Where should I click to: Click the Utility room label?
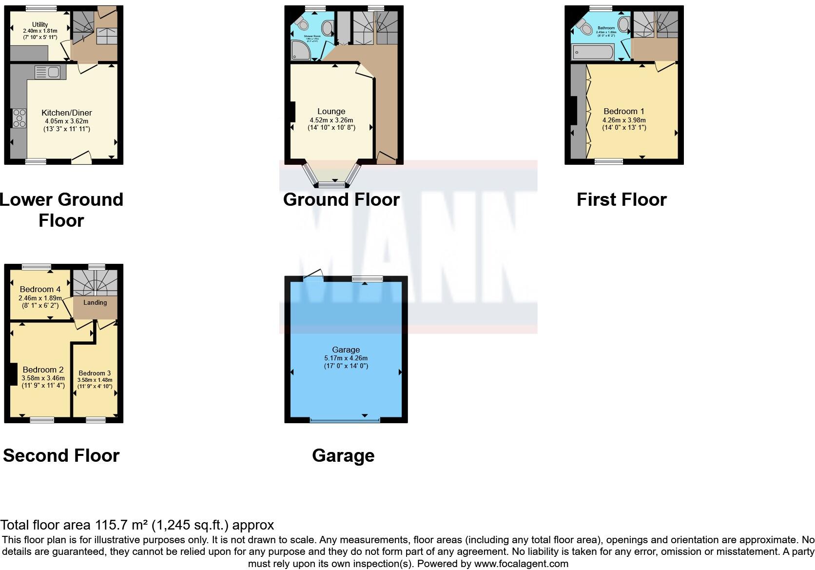point(40,24)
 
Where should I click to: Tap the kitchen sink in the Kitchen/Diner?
point(47,73)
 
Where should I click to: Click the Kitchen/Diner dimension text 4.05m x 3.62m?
point(67,121)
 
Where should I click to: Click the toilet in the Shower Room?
point(302,23)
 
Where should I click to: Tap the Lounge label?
point(331,111)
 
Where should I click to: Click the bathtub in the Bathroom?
point(593,51)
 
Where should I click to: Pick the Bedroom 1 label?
point(623,111)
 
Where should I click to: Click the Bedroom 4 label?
point(40,289)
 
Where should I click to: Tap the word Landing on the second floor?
point(95,302)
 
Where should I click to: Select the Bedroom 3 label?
point(95,373)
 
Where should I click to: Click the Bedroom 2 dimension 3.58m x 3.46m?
point(43,377)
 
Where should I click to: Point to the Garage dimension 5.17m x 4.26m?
point(346,358)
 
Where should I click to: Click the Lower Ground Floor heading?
point(61,210)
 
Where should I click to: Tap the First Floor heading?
point(621,199)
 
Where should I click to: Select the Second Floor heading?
point(61,455)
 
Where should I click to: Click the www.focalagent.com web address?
point(521,564)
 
